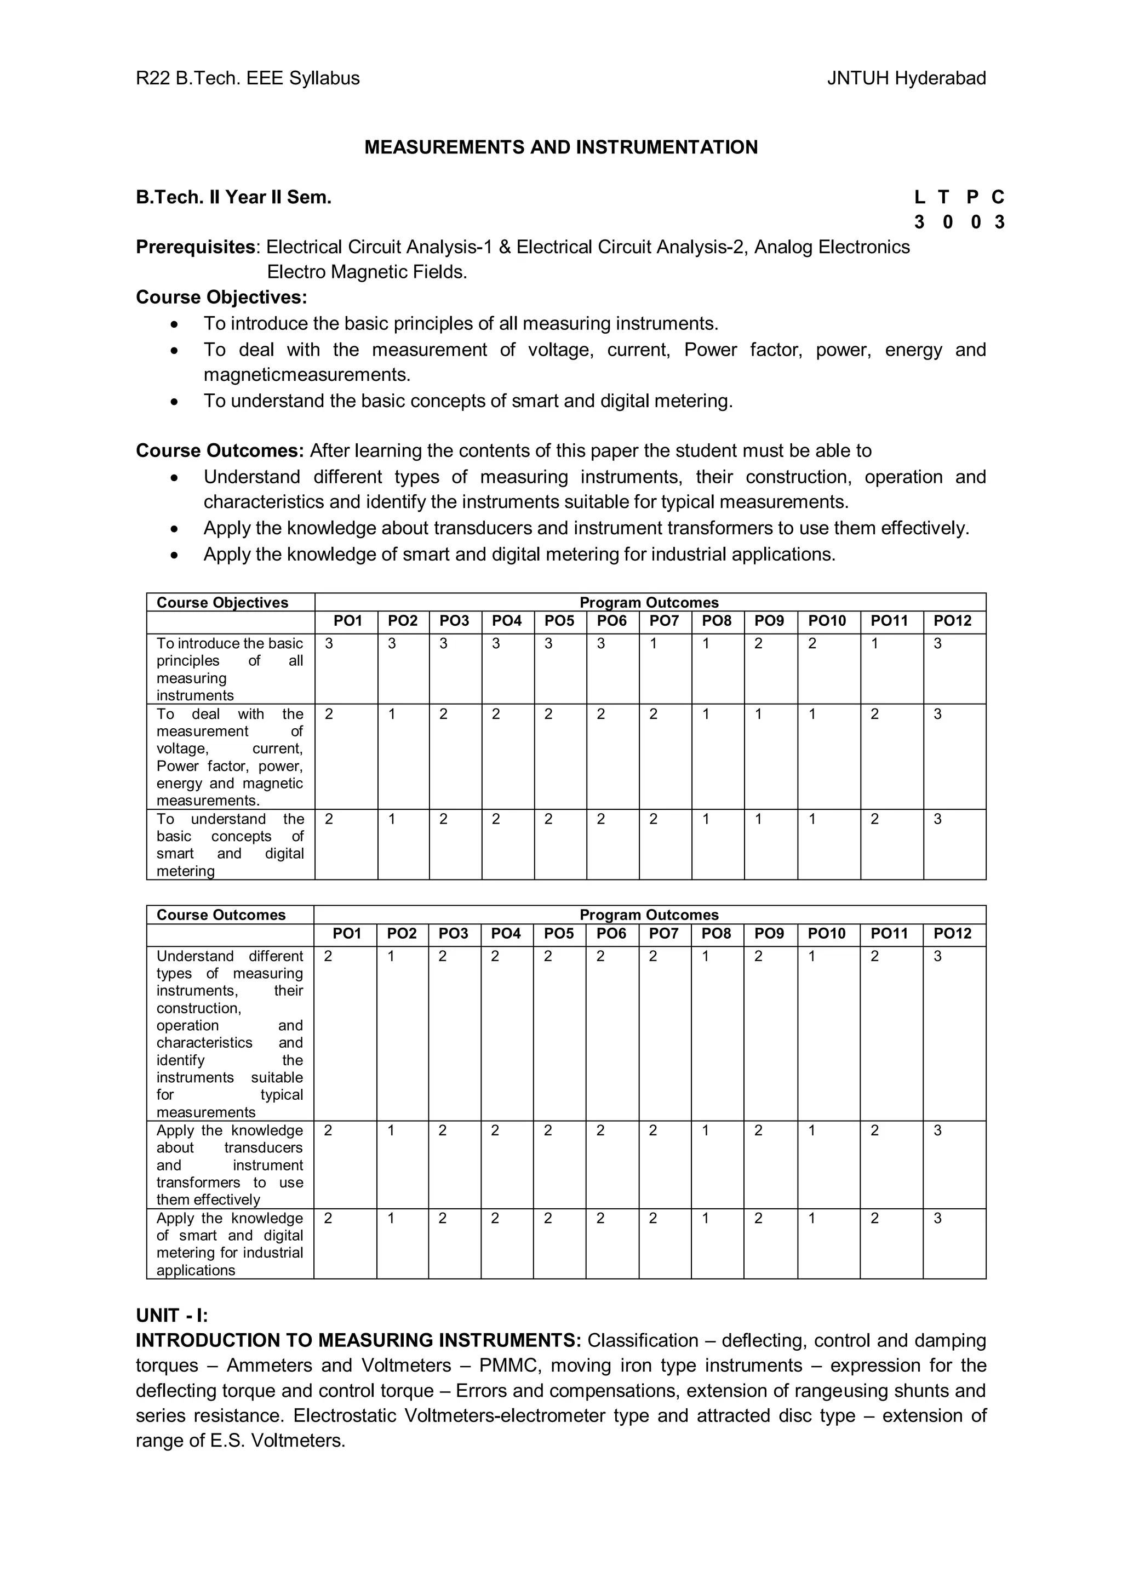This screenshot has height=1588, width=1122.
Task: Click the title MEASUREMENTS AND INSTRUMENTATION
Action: pyautogui.click(x=560, y=147)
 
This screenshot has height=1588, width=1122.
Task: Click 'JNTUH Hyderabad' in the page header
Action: pyautogui.click(x=906, y=78)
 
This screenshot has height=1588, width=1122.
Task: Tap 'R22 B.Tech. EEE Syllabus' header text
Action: pyautogui.click(x=248, y=78)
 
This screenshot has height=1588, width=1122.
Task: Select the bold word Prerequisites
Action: pyautogui.click(x=196, y=247)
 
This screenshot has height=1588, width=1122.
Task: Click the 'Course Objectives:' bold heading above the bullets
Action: pyautogui.click(x=221, y=298)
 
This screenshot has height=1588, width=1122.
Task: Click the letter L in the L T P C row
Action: pyautogui.click(x=919, y=198)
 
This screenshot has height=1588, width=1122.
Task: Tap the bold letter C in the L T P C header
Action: pyautogui.click(x=998, y=198)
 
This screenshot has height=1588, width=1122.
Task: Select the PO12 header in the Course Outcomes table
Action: pyautogui.click(x=953, y=934)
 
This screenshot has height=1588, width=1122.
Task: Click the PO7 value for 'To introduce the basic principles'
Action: pyautogui.click(x=653, y=644)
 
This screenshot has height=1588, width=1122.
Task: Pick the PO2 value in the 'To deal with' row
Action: pyautogui.click(x=392, y=715)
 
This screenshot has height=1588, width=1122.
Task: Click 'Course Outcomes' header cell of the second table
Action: pyautogui.click(x=221, y=915)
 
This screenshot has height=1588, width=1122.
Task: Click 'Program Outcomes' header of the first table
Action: pyautogui.click(x=649, y=602)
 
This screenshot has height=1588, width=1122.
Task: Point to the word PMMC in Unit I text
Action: pyautogui.click(x=510, y=1366)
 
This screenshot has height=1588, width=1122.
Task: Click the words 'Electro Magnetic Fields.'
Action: pyautogui.click(x=367, y=272)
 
